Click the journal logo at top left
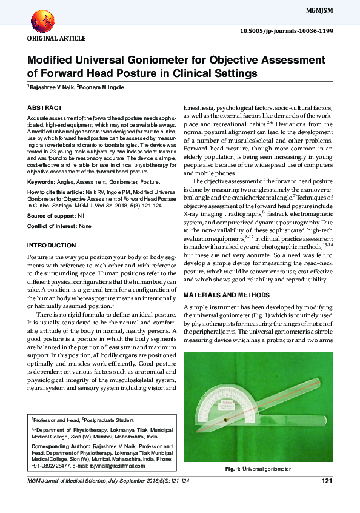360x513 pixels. (41, 22)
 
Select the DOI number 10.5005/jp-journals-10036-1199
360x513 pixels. (294, 30)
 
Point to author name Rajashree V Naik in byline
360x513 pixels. (50, 87)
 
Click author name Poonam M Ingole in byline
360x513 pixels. (102, 87)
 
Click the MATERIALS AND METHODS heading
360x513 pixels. (226, 295)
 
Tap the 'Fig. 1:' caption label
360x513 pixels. (233, 469)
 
